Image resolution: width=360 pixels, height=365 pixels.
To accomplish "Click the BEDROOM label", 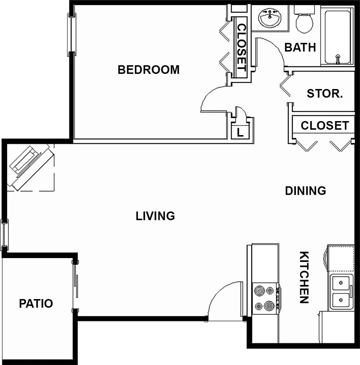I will coord(148,70).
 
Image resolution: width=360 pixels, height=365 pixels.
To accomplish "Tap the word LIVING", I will coord(155,216).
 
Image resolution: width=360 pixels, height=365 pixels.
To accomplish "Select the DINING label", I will coord(305,191).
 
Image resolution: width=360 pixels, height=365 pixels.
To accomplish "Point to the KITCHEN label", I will coord(304,277).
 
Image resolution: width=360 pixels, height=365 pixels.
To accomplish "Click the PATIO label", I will coord(36,303).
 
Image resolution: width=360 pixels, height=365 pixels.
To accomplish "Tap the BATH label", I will coord(300,47).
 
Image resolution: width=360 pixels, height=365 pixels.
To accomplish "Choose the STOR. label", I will coord(325,94).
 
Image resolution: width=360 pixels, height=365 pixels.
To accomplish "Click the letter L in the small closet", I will coord(240,133).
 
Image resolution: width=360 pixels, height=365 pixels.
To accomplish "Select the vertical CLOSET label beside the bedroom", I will coord(241,47).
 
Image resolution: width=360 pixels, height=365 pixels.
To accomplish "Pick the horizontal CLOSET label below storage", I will coord(325,125).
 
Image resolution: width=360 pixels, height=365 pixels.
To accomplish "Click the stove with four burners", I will coord(265,298).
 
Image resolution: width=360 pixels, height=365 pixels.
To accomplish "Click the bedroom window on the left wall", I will coord(72,35).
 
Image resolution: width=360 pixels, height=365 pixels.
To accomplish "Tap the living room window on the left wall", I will coord(4,235).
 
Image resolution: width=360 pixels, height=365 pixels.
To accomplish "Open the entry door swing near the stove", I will coord(225,301).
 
